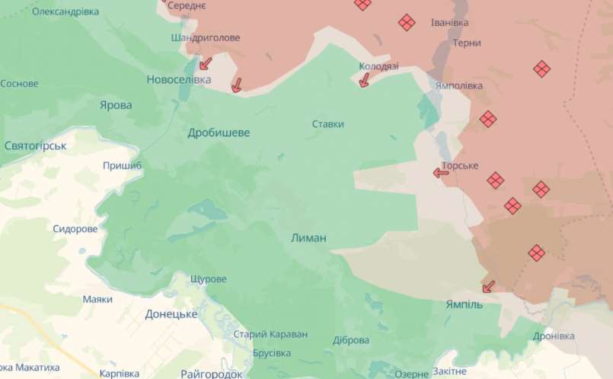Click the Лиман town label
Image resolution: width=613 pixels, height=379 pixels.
tap(308, 238)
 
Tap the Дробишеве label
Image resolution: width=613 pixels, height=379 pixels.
tap(219, 133)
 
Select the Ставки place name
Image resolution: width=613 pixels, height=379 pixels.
tap(327, 124)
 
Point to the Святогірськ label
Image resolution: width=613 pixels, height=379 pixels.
tap(36, 145)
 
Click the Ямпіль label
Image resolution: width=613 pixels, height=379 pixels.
tap(464, 304)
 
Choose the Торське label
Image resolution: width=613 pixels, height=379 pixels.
tap(460, 165)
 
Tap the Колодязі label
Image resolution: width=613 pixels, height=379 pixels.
tap(378, 66)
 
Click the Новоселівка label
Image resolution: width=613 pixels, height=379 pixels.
tap(179, 79)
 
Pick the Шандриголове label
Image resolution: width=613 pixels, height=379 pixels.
tap(206, 37)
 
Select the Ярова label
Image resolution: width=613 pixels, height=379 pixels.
tap(116, 105)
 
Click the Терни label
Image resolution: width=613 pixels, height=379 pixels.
tap(467, 43)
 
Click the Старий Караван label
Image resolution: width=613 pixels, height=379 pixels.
tap(270, 335)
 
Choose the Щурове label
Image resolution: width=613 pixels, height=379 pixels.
tap(207, 279)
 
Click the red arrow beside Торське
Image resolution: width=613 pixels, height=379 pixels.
tap(441, 172)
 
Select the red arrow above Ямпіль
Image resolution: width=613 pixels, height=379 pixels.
tap(487, 287)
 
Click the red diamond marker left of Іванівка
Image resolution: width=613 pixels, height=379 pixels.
tap(407, 23)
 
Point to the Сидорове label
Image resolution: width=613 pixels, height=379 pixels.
tap(75, 229)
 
